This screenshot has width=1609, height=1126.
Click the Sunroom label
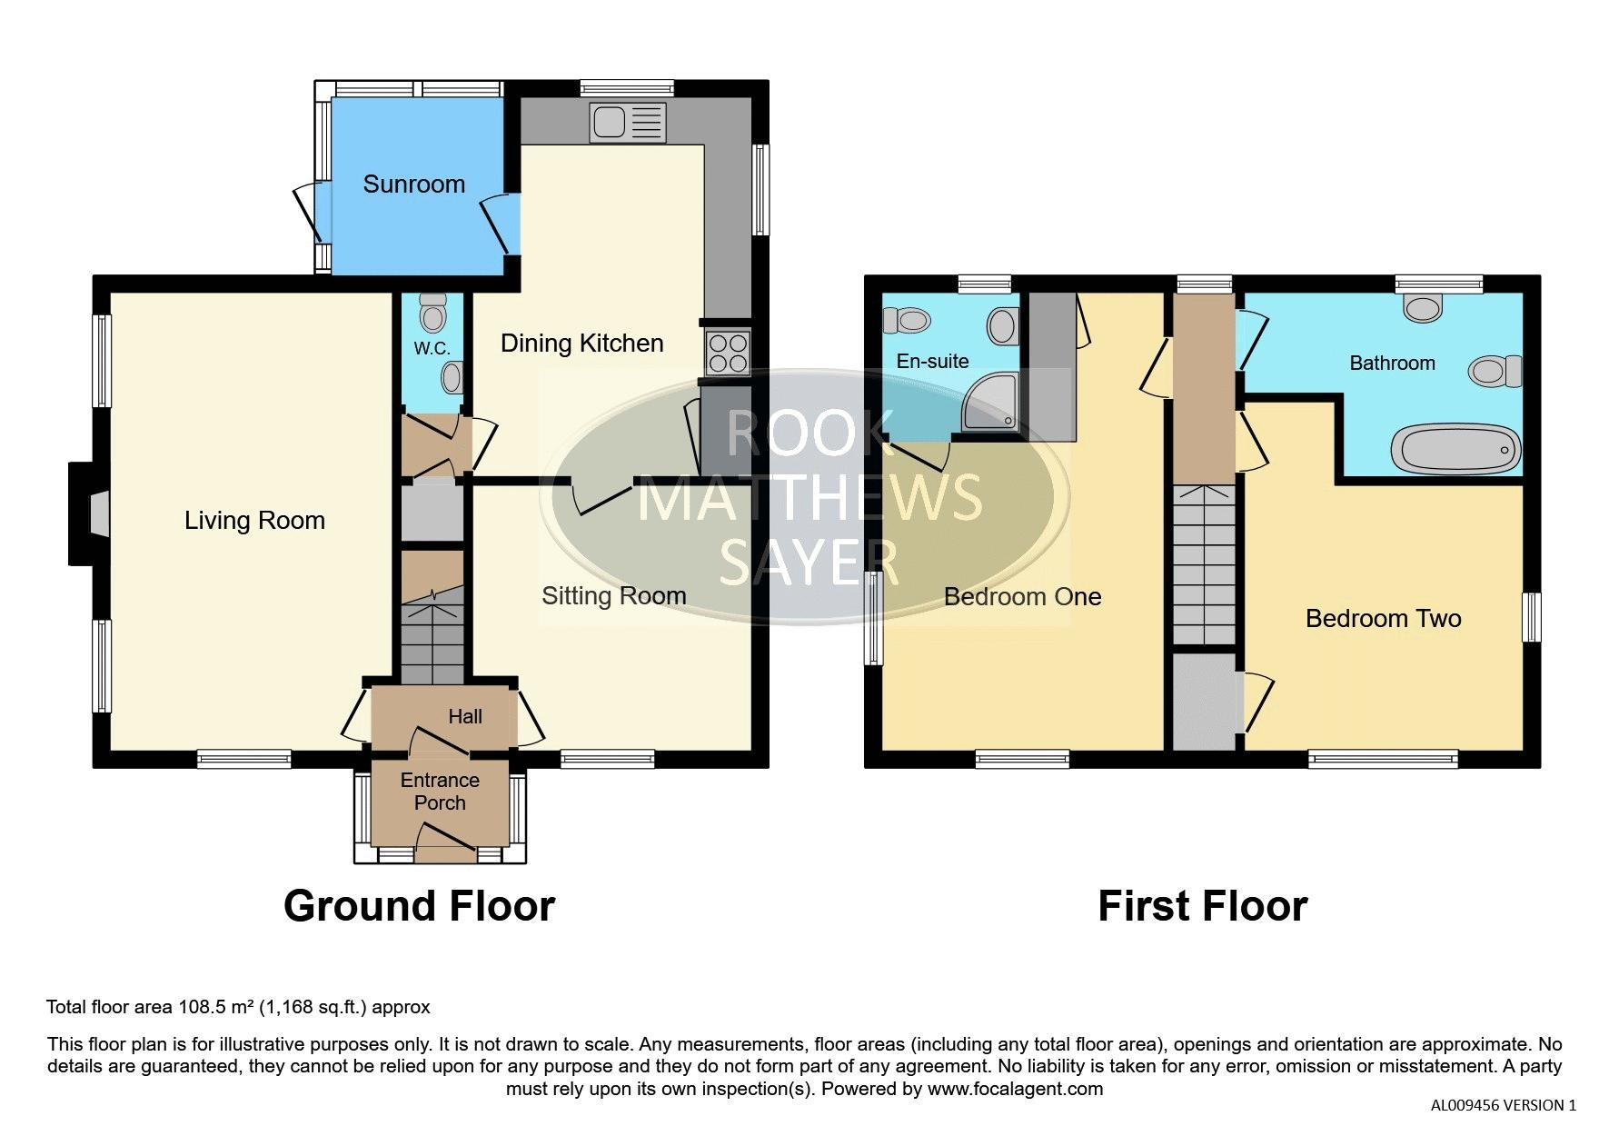click(413, 184)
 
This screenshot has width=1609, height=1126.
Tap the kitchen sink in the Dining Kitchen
click(628, 123)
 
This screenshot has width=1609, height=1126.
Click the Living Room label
click(254, 521)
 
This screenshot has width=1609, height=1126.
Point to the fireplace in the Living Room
click(90, 514)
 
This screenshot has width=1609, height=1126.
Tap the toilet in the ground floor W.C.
click(433, 314)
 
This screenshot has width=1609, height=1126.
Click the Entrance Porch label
click(440, 792)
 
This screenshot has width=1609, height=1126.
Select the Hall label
click(465, 717)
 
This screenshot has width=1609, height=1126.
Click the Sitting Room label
click(614, 596)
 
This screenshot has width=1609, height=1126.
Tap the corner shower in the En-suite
click(991, 403)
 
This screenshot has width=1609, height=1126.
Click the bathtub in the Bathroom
click(1455, 449)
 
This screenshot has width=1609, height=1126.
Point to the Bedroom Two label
click(1383, 619)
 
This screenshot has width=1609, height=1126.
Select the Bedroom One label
click(1022, 597)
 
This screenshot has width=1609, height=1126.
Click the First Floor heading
click(1202, 906)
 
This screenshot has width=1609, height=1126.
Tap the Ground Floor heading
click(419, 906)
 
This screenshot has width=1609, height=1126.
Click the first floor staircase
click(1205, 564)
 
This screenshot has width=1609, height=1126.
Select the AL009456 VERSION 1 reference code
click(1504, 1106)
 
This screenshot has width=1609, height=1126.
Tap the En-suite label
click(932, 362)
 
